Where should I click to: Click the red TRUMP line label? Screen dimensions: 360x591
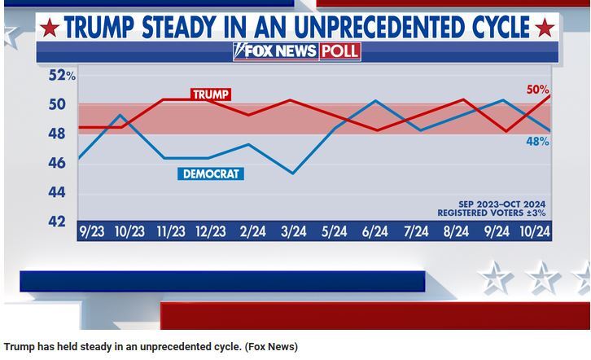[211, 94]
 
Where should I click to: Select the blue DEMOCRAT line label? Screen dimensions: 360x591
[211, 173]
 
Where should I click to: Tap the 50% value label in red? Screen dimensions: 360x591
[537, 90]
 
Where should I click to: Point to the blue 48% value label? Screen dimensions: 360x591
[536, 141]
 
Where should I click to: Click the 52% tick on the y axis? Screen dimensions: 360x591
[62, 75]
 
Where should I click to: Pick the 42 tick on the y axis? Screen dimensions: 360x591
[58, 221]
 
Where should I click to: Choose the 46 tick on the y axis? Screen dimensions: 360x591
[58, 163]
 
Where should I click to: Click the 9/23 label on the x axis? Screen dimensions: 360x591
[90, 231]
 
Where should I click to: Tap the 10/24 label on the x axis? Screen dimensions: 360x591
[535, 231]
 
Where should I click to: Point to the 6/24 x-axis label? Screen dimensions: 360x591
[374, 231]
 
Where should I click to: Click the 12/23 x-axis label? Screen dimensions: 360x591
[211, 231]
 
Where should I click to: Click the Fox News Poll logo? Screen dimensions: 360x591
[296, 51]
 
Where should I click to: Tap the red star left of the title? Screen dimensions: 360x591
[50, 29]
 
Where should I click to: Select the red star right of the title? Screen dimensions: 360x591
[545, 29]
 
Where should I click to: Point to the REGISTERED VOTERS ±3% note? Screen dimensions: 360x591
[491, 213]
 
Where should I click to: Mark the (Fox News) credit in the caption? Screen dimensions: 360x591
[270, 347]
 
